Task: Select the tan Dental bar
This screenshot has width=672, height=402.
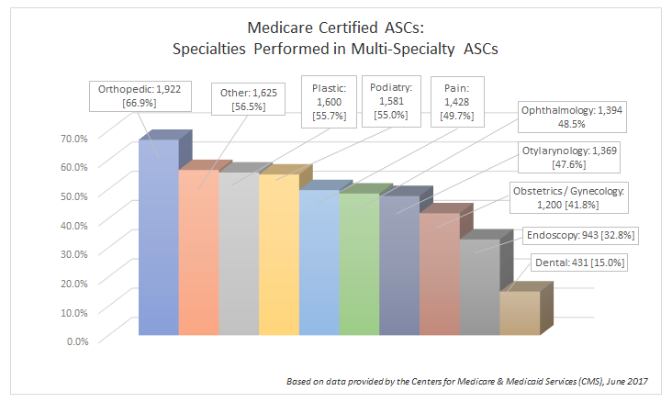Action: point(519,313)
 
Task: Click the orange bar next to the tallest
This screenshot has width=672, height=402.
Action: point(197,252)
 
